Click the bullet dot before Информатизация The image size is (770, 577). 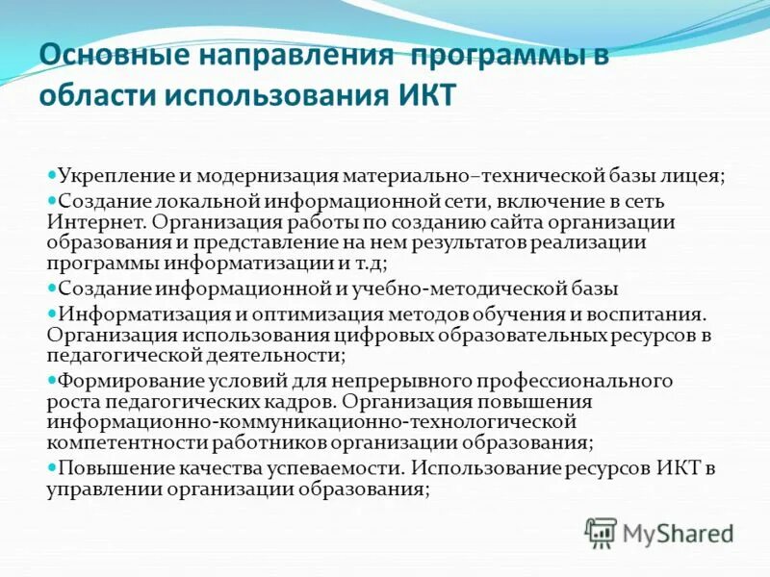tap(52, 314)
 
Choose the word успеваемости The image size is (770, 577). tap(343, 468)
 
